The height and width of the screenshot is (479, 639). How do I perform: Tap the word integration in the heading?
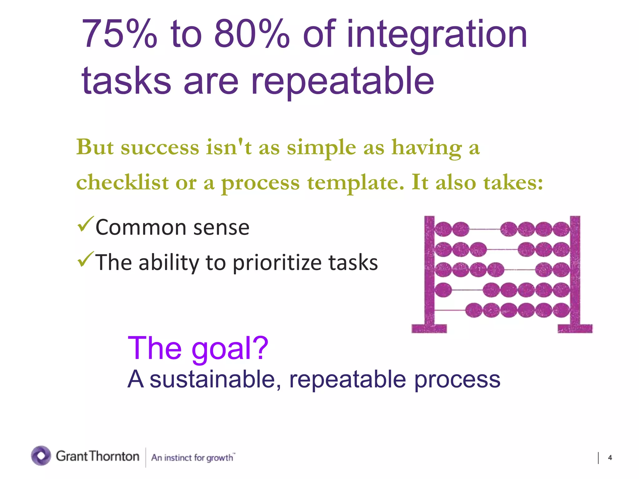tap(437, 35)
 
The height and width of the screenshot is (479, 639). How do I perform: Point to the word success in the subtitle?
tap(160, 147)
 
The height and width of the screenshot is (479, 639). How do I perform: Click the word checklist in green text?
tap(122, 182)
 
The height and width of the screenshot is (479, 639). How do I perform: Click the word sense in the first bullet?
tap(221, 228)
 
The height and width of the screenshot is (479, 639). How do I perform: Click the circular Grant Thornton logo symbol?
tap(41, 456)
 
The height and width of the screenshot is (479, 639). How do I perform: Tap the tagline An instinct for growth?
tap(193, 457)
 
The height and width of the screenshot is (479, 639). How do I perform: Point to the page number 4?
tap(610, 457)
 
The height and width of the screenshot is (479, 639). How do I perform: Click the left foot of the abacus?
tap(429, 328)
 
